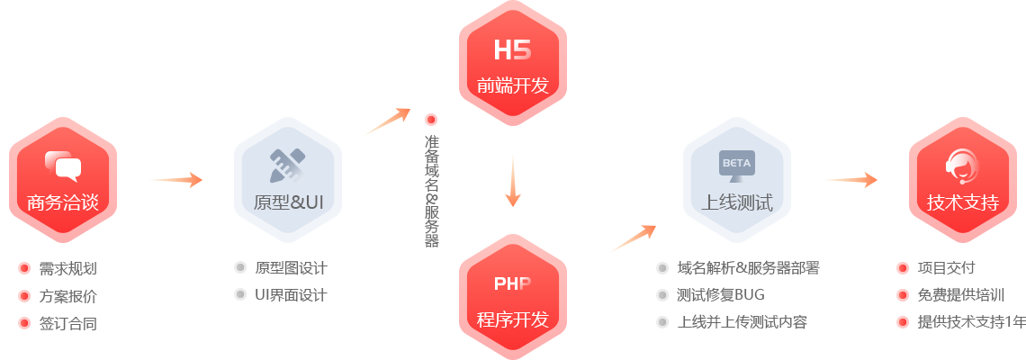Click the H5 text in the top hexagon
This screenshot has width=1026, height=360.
click(x=512, y=50)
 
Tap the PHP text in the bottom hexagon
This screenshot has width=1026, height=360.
click(x=512, y=283)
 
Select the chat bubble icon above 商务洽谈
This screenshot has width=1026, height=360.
click(x=62, y=166)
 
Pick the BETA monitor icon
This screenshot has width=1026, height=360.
click(x=736, y=165)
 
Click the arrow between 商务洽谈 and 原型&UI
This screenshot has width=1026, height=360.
click(x=175, y=180)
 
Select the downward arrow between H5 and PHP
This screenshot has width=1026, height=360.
click(x=513, y=180)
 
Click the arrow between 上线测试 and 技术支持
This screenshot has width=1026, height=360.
click(x=850, y=180)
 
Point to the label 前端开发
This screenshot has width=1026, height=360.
click(x=512, y=86)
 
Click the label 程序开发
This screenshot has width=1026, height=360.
click(x=512, y=319)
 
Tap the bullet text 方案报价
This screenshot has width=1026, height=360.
click(x=67, y=295)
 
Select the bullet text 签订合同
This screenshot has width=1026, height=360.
click(x=67, y=322)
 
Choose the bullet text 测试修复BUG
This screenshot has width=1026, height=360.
click(x=719, y=294)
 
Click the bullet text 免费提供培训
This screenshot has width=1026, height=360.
click(x=959, y=294)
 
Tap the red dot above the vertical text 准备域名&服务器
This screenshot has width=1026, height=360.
click(x=431, y=119)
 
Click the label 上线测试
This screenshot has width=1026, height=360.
click(x=737, y=202)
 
